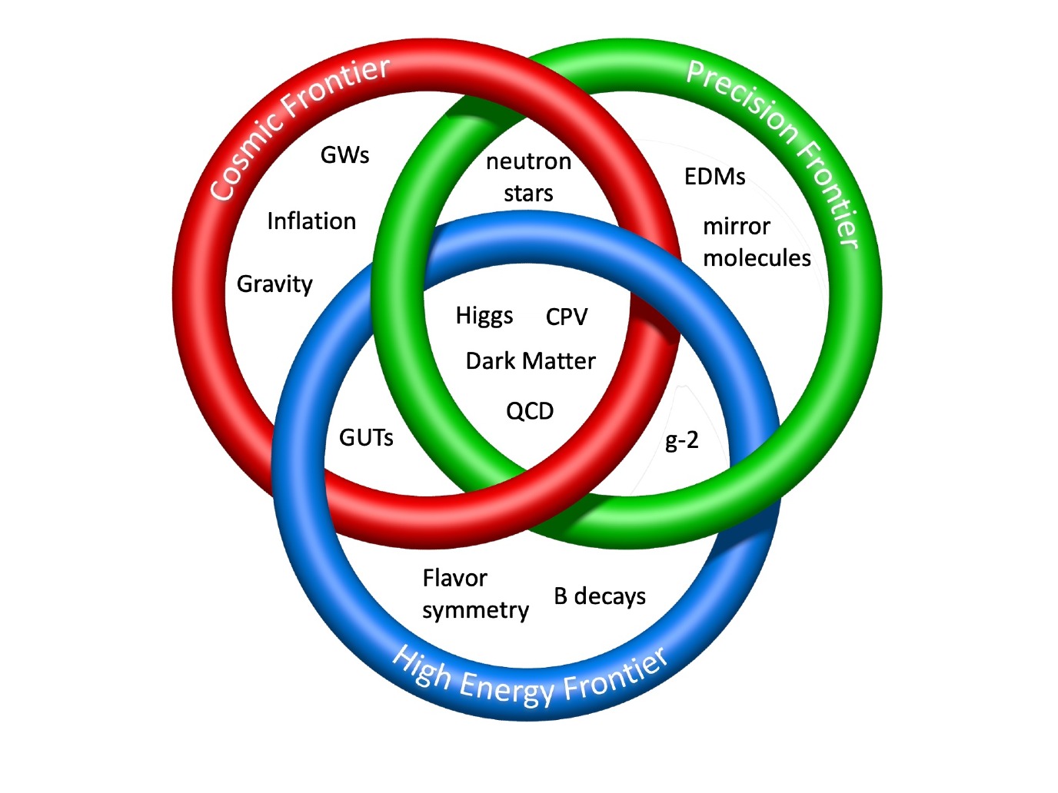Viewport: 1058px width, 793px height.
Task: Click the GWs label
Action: pyautogui.click(x=344, y=155)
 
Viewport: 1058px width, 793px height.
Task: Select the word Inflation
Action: pyautogui.click(x=311, y=221)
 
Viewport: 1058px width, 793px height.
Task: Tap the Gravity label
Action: pyautogui.click(x=274, y=284)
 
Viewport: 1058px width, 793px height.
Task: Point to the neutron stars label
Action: pyautogui.click(x=528, y=177)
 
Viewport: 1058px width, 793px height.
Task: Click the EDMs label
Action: pyautogui.click(x=714, y=177)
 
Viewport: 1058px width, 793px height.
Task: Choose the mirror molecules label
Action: pyautogui.click(x=757, y=242)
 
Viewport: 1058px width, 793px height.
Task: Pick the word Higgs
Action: pyautogui.click(x=484, y=316)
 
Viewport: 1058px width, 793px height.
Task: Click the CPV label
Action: pyautogui.click(x=567, y=317)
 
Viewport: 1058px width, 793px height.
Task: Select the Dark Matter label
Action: pyautogui.click(x=531, y=361)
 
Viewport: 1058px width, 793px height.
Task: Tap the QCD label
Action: pyautogui.click(x=530, y=411)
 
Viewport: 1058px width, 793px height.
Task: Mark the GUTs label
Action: pyautogui.click(x=366, y=438)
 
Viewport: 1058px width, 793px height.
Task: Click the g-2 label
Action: pyautogui.click(x=681, y=440)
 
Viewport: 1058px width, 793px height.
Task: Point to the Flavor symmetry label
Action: pyautogui.click(x=475, y=594)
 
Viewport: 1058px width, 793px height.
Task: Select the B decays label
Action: pyautogui.click(x=600, y=596)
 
